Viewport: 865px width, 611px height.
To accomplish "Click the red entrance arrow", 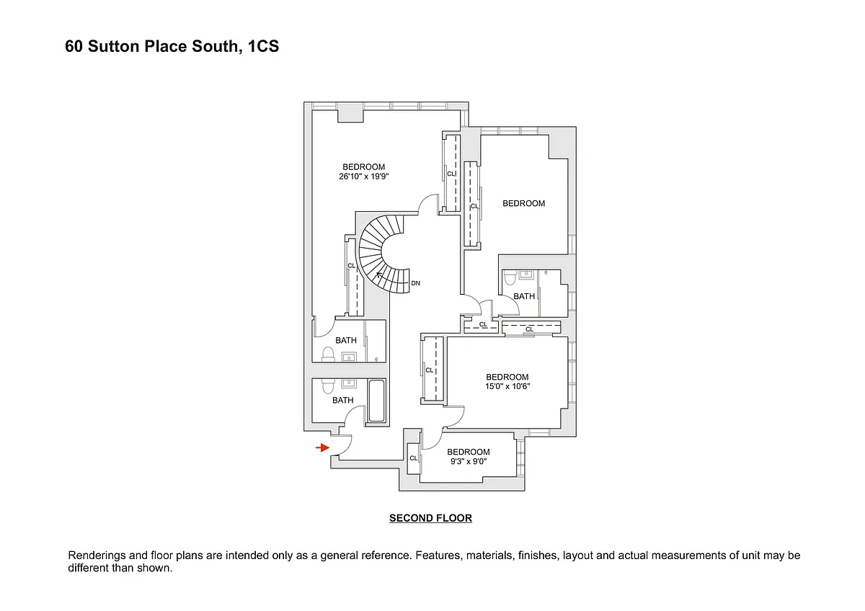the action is coord(322,448).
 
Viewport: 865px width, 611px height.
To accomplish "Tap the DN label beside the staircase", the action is coord(416,283).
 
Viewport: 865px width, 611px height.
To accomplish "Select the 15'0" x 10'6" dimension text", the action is coord(507,386).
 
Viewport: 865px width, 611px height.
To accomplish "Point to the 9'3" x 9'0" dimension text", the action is coord(468,462).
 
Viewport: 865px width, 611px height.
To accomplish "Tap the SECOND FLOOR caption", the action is coord(430,518).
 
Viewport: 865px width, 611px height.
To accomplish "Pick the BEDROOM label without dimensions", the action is coord(523,204).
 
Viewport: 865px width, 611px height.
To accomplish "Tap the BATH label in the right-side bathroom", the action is coord(524,296).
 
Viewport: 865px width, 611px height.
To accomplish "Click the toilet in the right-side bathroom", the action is coord(509,278).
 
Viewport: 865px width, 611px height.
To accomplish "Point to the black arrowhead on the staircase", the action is coord(379,275).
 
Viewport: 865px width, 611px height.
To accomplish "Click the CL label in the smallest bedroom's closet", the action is coord(414,458).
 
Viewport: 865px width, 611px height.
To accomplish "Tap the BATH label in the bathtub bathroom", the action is coord(343,401).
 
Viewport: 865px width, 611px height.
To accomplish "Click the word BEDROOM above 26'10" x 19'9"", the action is coord(364,167).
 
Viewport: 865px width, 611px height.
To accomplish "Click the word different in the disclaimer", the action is coord(89,568).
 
